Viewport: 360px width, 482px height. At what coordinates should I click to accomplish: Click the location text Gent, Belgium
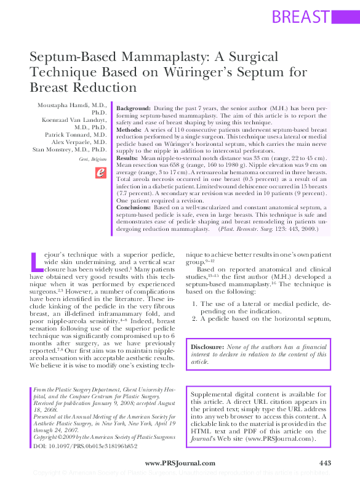tap(92, 159)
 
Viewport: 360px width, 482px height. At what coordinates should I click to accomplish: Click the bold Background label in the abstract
tap(134, 107)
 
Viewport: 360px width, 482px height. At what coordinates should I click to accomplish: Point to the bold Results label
tap(128, 159)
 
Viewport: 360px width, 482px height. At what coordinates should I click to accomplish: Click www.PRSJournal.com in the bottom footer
tap(180, 463)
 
